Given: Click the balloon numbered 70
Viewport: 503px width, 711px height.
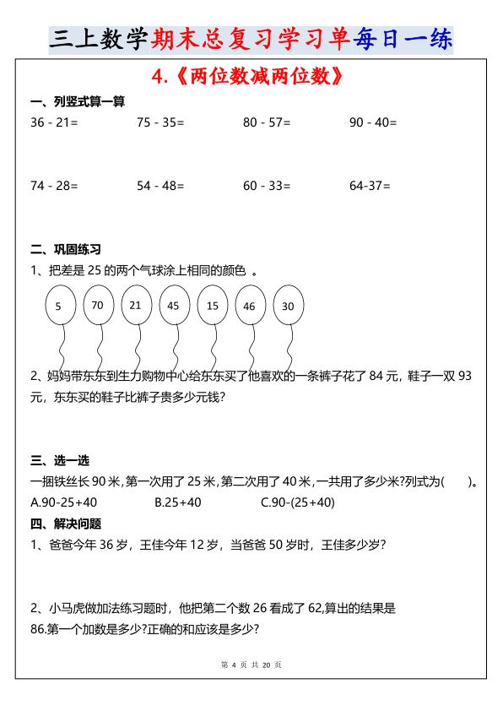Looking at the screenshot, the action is coord(98,305).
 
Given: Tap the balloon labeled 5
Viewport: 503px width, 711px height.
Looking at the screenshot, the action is coord(58,307).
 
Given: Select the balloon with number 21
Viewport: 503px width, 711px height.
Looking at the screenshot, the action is coord(136,305).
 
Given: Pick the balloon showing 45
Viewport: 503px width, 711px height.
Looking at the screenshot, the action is coord(174,306).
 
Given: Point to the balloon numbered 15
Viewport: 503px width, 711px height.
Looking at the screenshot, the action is coord(212,306).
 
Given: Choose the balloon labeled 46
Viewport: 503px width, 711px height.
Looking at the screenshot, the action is coord(249,307).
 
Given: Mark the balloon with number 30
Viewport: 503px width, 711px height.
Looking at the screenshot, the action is coord(288,306).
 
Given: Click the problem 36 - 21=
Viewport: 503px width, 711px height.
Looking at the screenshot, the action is coord(54,122).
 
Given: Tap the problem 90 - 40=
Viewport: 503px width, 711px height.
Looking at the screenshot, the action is coord(373,122).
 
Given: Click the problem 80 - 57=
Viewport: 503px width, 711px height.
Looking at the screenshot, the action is coord(267,122).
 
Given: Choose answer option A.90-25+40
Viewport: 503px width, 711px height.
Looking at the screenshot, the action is coord(63,502).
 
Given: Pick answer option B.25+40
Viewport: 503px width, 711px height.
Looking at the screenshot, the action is coord(178,502).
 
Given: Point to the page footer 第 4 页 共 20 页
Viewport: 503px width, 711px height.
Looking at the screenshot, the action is coord(251,665).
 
